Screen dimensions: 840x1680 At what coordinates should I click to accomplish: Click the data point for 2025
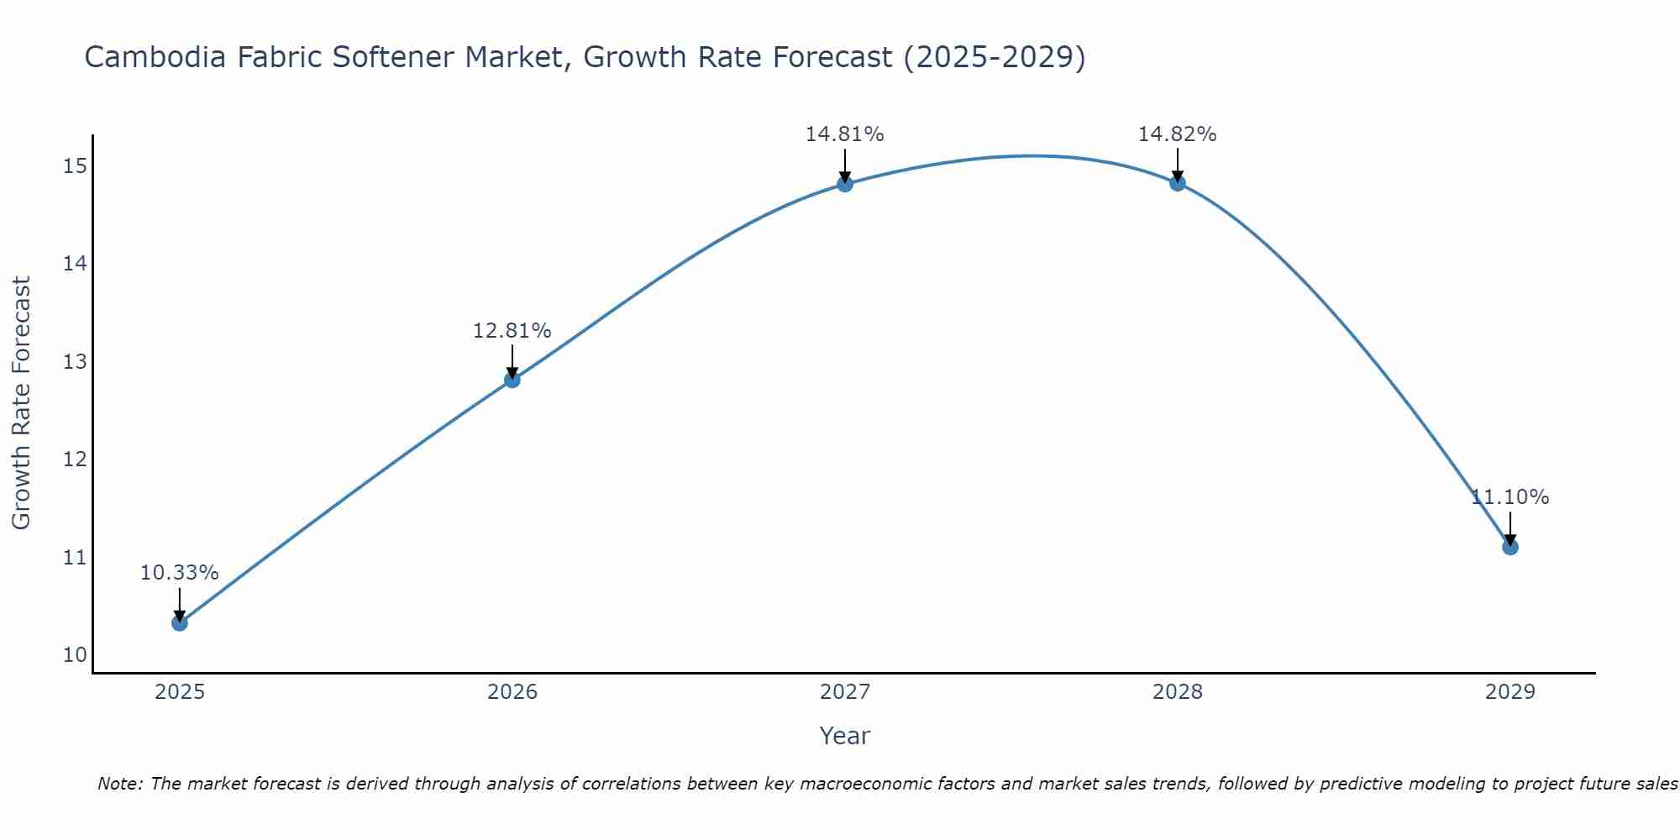click(180, 622)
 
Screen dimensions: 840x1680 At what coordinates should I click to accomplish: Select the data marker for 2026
click(512, 380)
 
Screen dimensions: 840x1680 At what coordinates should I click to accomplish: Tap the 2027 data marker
click(845, 184)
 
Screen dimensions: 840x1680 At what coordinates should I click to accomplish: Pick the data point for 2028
click(1178, 183)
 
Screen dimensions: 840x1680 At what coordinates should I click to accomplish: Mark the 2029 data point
click(1510, 547)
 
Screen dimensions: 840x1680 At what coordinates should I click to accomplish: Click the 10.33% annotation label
click(179, 573)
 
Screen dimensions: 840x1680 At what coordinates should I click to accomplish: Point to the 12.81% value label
click(512, 331)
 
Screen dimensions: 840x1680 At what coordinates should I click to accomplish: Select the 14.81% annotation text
click(844, 134)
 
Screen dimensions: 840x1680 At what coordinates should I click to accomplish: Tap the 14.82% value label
click(1177, 134)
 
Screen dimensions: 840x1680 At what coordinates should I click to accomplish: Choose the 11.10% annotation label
click(1509, 497)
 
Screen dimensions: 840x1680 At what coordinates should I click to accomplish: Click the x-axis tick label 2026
click(512, 692)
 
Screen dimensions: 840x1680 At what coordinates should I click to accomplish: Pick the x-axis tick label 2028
click(1178, 692)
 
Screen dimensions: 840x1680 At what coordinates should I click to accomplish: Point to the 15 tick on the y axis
click(75, 166)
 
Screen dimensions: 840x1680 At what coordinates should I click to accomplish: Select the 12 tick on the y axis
click(75, 459)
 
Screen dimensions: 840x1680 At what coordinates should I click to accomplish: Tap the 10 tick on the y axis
click(75, 655)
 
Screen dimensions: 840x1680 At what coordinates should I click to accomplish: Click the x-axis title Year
click(844, 736)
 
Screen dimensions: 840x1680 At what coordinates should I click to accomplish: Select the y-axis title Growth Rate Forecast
click(21, 403)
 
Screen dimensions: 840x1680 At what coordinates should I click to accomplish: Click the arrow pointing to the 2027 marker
click(845, 165)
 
